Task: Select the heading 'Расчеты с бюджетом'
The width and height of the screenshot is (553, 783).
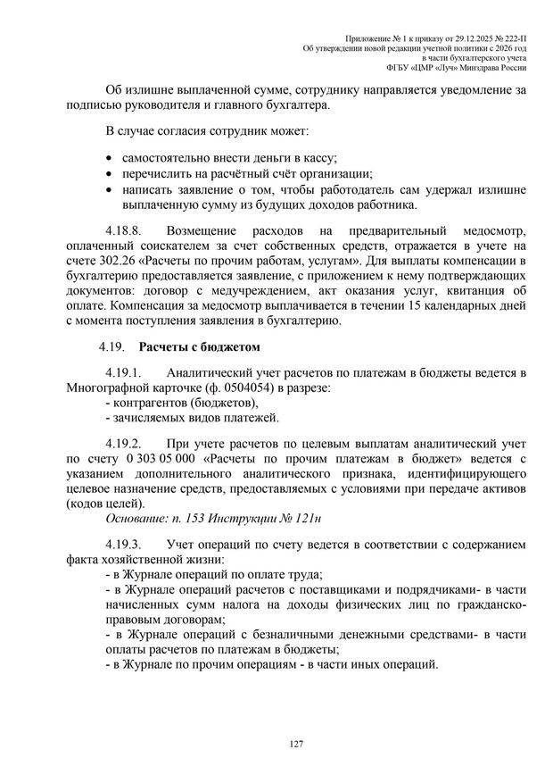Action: [199, 346]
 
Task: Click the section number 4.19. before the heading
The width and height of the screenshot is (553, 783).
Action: [112, 346]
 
